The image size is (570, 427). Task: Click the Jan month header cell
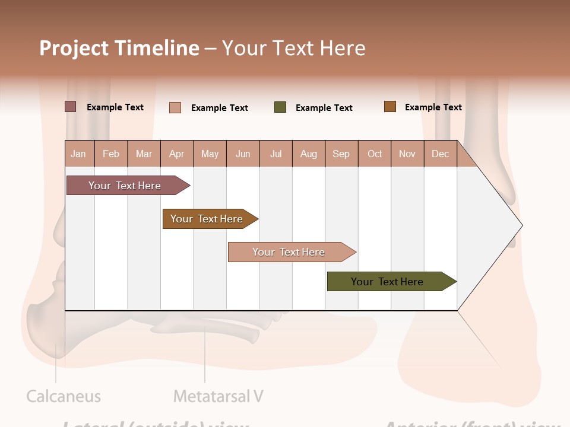tap(79, 154)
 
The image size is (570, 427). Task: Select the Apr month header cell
tap(177, 154)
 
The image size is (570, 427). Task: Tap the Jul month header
tap(275, 154)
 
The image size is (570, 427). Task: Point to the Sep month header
tap(341, 154)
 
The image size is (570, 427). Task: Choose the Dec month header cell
tap(440, 154)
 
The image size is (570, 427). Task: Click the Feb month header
tap(111, 154)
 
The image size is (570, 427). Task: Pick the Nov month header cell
tap(407, 154)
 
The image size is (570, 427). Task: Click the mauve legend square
tap(71, 107)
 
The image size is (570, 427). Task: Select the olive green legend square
tap(280, 107)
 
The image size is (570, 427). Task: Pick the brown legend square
tap(390, 107)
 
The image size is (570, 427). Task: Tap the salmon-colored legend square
tap(175, 107)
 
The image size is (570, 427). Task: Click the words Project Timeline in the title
tap(119, 48)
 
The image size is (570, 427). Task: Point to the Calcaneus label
tap(64, 396)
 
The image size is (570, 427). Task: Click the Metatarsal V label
tap(218, 396)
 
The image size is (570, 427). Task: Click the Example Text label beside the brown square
tap(433, 107)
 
